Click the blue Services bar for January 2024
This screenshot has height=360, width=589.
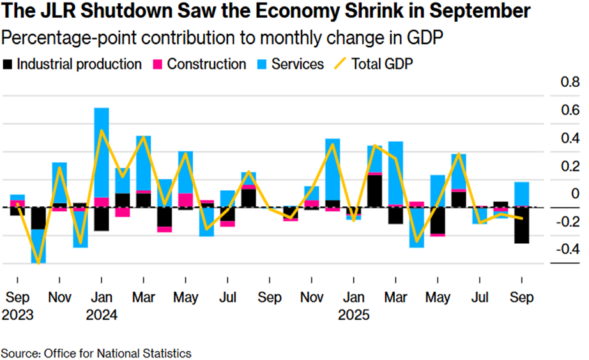tap(102, 152)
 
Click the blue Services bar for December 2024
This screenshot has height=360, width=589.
tap(333, 169)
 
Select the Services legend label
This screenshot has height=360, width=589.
tap(298, 64)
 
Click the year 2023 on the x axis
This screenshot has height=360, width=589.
tap(18, 315)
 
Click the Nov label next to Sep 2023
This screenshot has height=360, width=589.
tap(60, 298)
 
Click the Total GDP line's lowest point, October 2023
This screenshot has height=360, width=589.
tap(39, 262)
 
